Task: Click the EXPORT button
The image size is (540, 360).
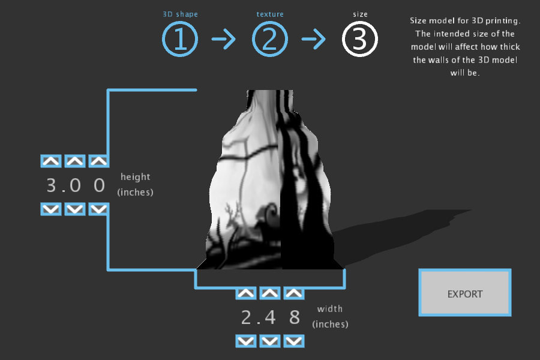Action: pyautogui.click(x=465, y=293)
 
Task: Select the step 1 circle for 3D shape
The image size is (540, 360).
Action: pyautogui.click(x=179, y=40)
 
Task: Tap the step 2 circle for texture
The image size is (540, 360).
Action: pyautogui.click(x=269, y=40)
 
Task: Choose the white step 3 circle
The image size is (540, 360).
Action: pyautogui.click(x=359, y=40)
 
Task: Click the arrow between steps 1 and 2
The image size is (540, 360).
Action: pyautogui.click(x=224, y=40)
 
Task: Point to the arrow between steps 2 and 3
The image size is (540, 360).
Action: pyautogui.click(x=313, y=40)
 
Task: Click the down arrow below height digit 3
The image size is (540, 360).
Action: pyautogui.click(x=50, y=209)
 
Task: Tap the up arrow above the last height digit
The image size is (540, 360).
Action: pyautogui.click(x=98, y=161)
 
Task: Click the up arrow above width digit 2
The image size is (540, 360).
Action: pyautogui.click(x=246, y=293)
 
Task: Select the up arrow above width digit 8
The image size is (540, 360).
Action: pyautogui.click(x=293, y=293)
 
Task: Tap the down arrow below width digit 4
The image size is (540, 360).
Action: pyautogui.click(x=269, y=341)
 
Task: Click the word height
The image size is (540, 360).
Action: pyautogui.click(x=136, y=177)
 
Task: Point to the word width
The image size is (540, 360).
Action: pyautogui.click(x=330, y=309)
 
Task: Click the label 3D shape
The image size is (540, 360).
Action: pyautogui.click(x=180, y=14)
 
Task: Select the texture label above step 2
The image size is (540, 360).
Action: pyautogui.click(x=269, y=14)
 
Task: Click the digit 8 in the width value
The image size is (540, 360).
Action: pyautogui.click(x=294, y=317)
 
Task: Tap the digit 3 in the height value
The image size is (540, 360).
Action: pyautogui.click(x=51, y=185)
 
